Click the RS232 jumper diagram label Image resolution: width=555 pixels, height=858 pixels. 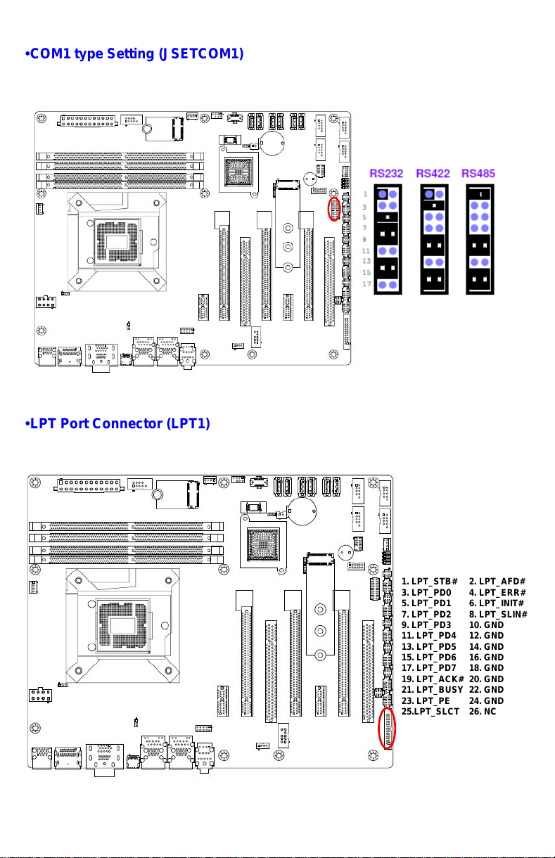coord(386,174)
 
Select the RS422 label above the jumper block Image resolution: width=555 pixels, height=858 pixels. coord(433,174)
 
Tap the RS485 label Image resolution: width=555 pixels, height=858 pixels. coord(478,174)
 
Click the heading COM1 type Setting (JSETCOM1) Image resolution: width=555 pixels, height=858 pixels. coord(134,53)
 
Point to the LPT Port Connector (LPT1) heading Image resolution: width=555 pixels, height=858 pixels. coord(117,423)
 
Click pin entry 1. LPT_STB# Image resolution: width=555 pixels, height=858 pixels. coord(429,582)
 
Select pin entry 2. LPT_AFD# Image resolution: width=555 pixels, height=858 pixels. coord(497,582)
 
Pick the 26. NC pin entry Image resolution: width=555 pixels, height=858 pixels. coord(483,711)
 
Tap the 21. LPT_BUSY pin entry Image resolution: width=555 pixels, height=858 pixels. coord(432,689)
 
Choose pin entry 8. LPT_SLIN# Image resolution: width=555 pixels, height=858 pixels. coord(498,614)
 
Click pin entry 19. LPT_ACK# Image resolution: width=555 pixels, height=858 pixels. coord(433,679)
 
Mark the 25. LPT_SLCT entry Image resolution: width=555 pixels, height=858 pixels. coord(430,711)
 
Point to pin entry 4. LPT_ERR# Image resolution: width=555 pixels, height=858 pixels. coord(497,593)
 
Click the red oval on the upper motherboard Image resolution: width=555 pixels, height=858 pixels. coord(334,209)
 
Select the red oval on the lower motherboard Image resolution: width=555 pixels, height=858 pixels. coord(387,728)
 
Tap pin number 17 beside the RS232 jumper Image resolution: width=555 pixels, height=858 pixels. coord(366,284)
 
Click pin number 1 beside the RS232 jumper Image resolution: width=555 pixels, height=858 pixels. coord(365,194)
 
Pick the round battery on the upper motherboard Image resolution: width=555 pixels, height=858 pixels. coord(272,143)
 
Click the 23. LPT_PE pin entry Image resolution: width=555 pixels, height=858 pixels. coord(426,700)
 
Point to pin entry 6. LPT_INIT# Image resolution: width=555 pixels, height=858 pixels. coord(497,603)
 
